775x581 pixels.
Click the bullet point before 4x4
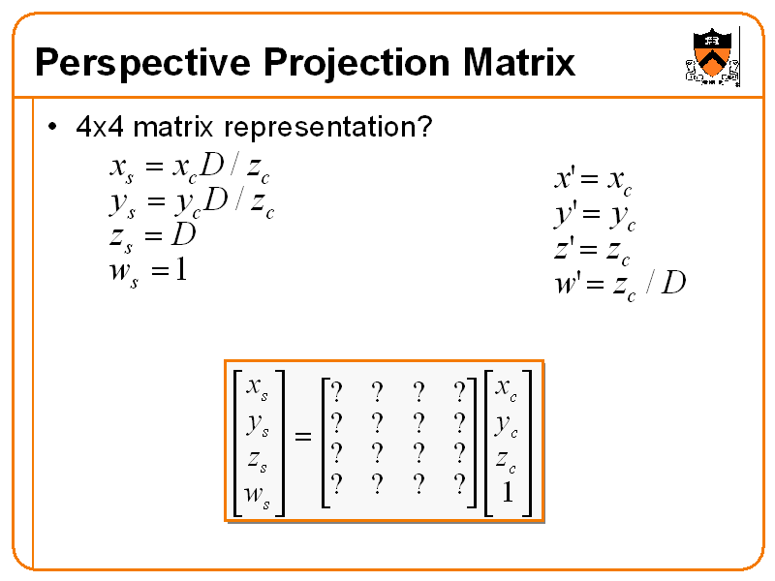[x=53, y=127]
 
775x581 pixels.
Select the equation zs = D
[x=152, y=235]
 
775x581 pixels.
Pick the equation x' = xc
[x=593, y=178]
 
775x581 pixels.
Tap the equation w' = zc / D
[x=619, y=284]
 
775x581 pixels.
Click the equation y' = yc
[x=594, y=214]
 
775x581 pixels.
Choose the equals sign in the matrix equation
[x=303, y=438]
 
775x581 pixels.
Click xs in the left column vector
[x=257, y=387]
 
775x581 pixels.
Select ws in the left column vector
[x=257, y=494]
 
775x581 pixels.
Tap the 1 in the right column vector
[x=506, y=493]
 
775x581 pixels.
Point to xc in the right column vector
[x=506, y=388]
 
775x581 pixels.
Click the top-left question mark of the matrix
[x=336, y=392]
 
